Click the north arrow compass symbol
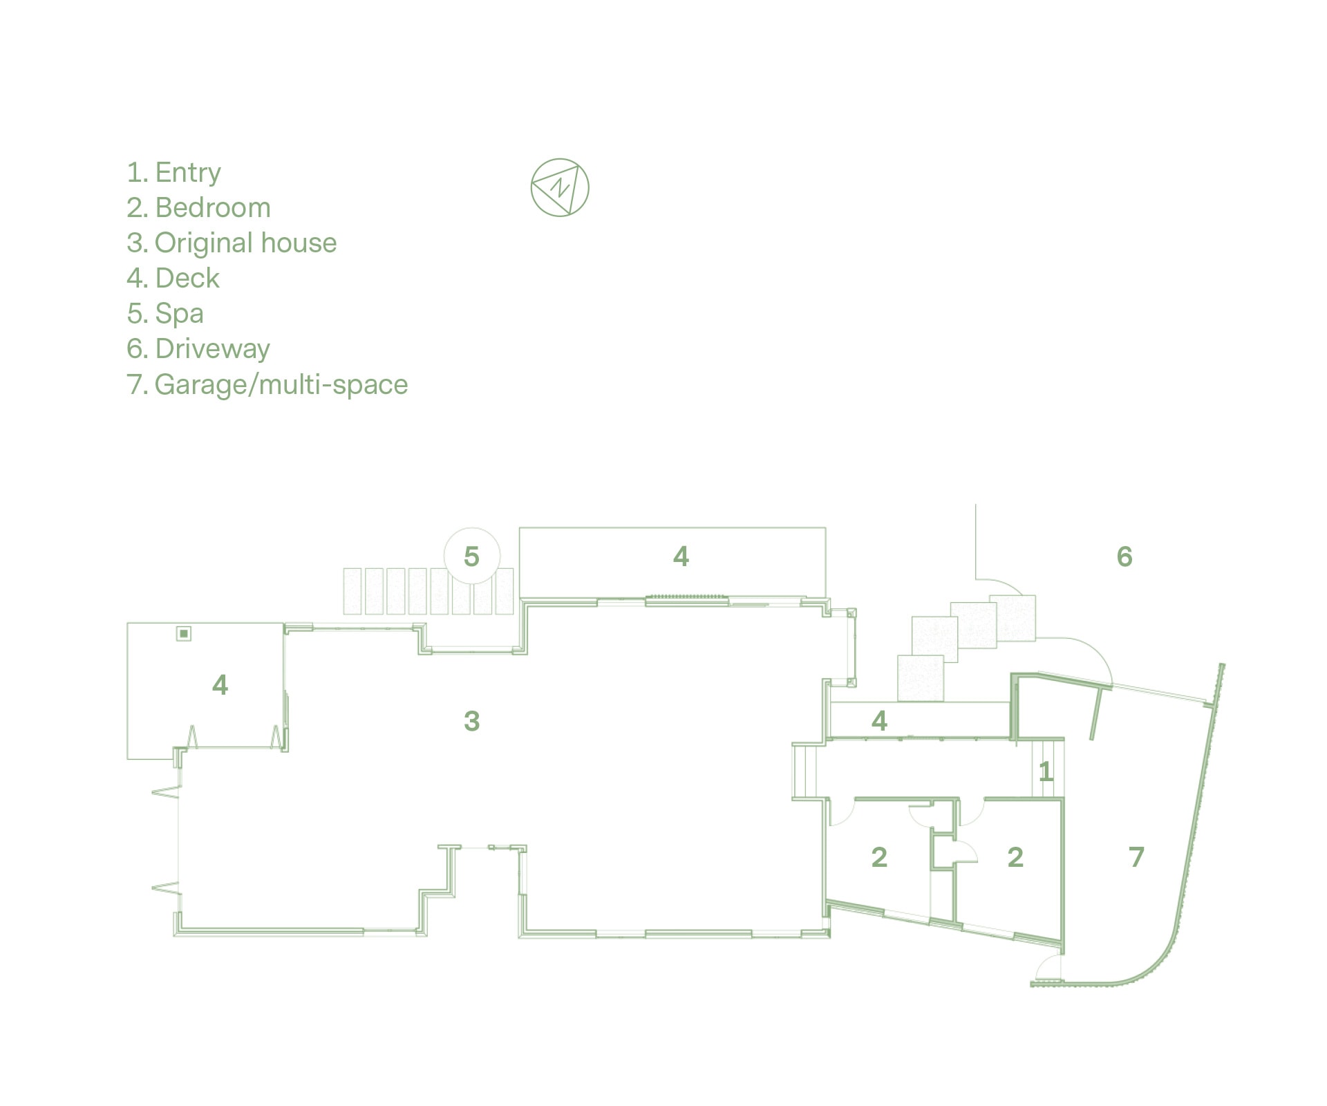pyautogui.click(x=560, y=187)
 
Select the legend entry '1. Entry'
pyautogui.click(x=174, y=173)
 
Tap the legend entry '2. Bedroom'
pyautogui.click(x=199, y=207)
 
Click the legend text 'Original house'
pyautogui.click(x=246, y=243)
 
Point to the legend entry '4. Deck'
pyautogui.click(x=173, y=278)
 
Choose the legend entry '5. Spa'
pyautogui.click(x=166, y=314)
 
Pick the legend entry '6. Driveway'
pyautogui.click(x=198, y=349)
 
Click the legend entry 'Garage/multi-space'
pyautogui.click(x=281, y=384)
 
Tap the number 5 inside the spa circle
pyautogui.click(x=471, y=556)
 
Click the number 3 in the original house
pyautogui.click(x=471, y=721)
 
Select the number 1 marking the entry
pyautogui.click(x=1046, y=771)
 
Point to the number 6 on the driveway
pyautogui.click(x=1124, y=556)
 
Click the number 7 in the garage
pyautogui.click(x=1137, y=857)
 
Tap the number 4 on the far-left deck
pyautogui.click(x=220, y=685)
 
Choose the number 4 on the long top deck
pyautogui.click(x=681, y=556)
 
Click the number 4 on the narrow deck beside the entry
pyautogui.click(x=879, y=721)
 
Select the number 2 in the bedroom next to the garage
pyautogui.click(x=1015, y=857)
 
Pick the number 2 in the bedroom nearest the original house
pyautogui.click(x=879, y=857)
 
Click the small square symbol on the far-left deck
pyautogui.click(x=184, y=633)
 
